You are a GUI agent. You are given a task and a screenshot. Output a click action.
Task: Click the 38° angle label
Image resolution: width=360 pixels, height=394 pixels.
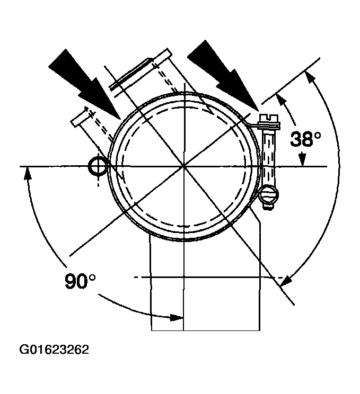click(x=305, y=140)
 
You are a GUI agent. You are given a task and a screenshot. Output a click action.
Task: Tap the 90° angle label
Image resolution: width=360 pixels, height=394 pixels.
click(x=81, y=281)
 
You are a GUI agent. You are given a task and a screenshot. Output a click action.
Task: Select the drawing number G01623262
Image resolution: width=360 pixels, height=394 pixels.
click(x=54, y=350)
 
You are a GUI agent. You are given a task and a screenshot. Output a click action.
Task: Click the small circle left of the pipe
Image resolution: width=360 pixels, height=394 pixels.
click(x=99, y=166)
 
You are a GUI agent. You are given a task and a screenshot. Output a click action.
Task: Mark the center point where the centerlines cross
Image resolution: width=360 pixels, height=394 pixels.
click(x=183, y=166)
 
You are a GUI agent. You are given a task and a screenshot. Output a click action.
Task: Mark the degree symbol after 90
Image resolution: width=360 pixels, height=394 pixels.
click(x=93, y=276)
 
